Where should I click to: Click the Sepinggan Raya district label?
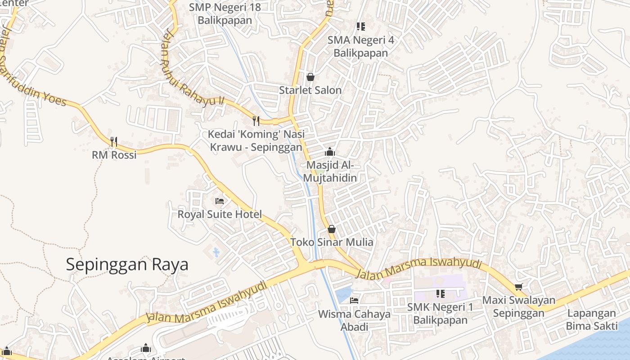[127, 264]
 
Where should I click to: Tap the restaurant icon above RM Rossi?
[114, 142]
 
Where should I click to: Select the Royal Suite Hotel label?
[219, 214]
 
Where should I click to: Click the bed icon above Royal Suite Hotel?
[220, 201]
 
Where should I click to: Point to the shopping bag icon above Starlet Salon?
[310, 77]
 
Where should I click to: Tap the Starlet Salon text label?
[310, 90]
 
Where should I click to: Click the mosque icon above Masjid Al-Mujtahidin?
[330, 152]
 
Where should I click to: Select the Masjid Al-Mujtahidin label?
[330, 171]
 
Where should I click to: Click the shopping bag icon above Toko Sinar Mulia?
[332, 229]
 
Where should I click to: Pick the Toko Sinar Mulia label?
[332, 242]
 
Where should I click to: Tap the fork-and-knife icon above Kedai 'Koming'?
[256, 121]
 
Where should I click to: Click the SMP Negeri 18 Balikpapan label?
[225, 13]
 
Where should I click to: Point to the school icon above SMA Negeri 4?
[360, 27]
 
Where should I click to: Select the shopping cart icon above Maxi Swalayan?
[518, 287]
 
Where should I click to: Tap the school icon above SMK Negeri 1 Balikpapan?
[440, 294]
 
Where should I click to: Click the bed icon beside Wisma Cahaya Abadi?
[354, 300]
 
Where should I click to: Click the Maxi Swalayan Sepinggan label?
[518, 306]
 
